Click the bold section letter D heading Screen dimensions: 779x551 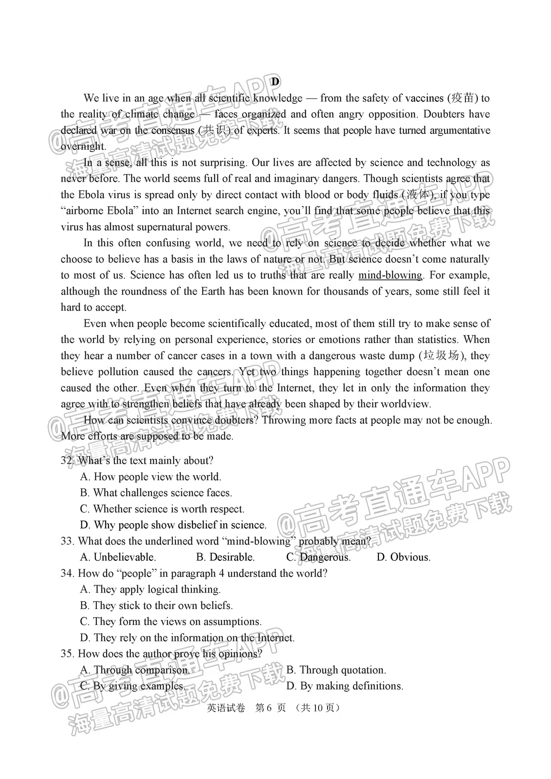pos(275,81)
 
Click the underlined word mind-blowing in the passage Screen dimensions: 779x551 pos(390,275)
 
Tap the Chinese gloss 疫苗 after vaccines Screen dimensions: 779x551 pos(463,98)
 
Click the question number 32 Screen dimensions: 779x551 pos(67,461)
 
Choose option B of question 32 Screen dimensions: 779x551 pos(156,493)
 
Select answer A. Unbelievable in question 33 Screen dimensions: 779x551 pos(118,557)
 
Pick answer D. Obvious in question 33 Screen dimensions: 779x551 pos(403,557)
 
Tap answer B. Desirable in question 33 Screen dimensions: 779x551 pos(225,557)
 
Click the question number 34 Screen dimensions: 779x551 pos(67,573)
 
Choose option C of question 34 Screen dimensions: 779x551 pos(170,621)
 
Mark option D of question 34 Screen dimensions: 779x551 pos(187,638)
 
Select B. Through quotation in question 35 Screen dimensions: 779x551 pos(336,670)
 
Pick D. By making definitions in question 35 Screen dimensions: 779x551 pos(344,686)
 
